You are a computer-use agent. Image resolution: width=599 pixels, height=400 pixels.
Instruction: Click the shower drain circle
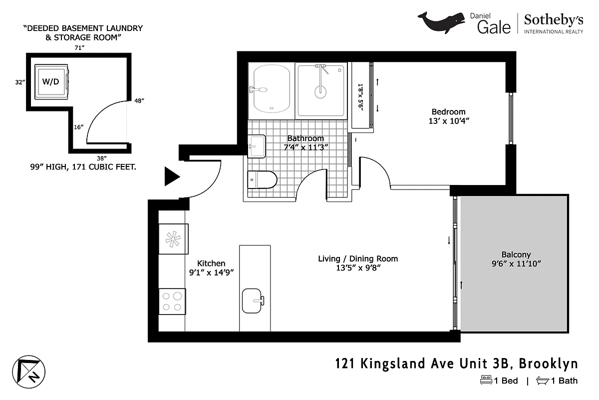tap(320, 91)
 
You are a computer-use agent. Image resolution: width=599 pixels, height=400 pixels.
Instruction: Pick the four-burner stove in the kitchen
tap(172, 301)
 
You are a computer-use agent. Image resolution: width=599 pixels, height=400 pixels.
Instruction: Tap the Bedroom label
tap(448, 111)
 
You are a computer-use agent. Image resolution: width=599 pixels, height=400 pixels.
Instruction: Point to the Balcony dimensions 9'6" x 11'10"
tap(516, 263)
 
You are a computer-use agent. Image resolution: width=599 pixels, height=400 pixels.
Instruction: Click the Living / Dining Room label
tap(358, 258)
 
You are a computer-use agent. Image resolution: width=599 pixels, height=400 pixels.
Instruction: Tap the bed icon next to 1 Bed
tap(486, 380)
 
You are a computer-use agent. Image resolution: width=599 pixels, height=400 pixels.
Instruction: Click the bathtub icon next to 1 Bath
tap(542, 380)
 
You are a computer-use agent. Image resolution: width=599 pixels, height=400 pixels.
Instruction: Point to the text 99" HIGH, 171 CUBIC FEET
tap(83, 167)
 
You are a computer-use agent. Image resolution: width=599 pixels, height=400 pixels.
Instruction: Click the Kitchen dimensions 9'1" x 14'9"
tap(211, 272)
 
